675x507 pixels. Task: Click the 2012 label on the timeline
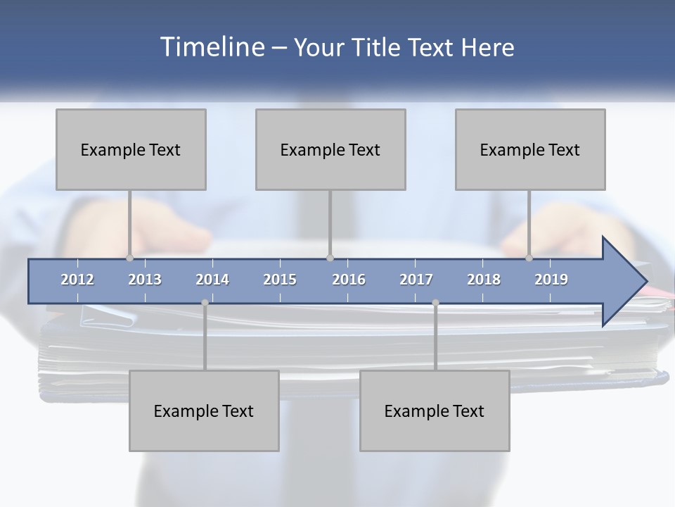(77, 280)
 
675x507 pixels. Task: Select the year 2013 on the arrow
(145, 280)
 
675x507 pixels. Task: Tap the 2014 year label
(212, 280)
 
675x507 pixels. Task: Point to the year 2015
(280, 280)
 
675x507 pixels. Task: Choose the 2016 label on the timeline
(349, 280)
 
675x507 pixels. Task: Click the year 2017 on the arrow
(416, 280)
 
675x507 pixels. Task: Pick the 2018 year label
(484, 280)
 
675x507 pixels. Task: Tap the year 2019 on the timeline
(551, 280)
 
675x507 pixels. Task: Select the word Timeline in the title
(211, 47)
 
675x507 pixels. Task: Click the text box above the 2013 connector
(131, 149)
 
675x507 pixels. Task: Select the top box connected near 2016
(330, 149)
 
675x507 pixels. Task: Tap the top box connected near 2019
(530, 149)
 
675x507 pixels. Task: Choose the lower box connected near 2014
(204, 411)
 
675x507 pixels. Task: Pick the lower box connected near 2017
(435, 411)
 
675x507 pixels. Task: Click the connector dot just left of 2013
(129, 258)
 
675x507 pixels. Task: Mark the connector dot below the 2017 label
(435, 303)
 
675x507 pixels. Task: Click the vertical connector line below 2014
(205, 338)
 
